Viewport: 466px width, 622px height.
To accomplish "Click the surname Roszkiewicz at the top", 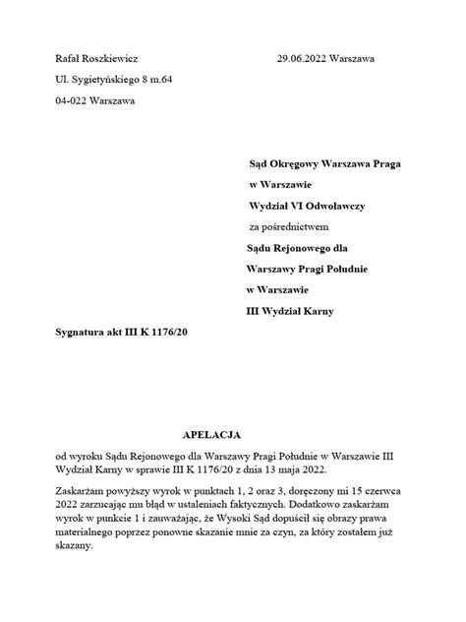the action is pyautogui.click(x=114, y=60).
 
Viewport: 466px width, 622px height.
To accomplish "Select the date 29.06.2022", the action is pyautogui.click(x=307, y=60).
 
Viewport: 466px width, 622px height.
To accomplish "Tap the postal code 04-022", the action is pyautogui.click(x=70, y=100).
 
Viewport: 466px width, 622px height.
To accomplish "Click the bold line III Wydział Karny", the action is pyautogui.click(x=290, y=311).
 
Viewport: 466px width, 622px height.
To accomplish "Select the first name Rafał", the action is pyautogui.click(x=70, y=60).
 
